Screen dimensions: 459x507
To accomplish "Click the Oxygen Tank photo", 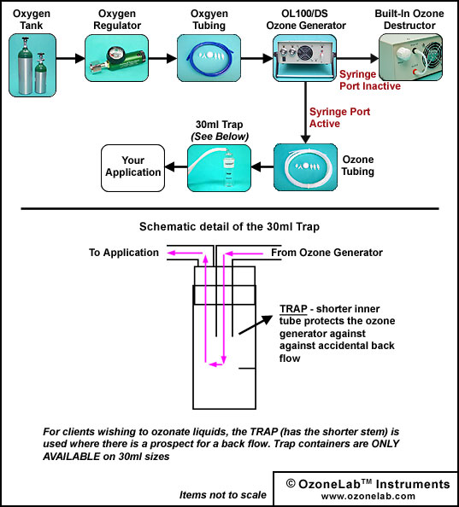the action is [32, 66].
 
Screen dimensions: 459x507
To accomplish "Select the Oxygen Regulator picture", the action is [116, 58].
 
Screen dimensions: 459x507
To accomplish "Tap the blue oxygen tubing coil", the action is [209, 58].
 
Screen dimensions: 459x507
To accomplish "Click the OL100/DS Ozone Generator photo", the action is [304, 58].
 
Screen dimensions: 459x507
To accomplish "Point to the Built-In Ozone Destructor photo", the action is [411, 57].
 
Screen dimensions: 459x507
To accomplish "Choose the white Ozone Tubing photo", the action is [305, 167].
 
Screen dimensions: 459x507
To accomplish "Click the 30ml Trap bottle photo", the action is [219, 168].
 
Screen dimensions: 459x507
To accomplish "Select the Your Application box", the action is [132, 168].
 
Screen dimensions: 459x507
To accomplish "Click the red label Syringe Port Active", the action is [339, 118].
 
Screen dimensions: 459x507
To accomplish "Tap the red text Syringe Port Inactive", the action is [370, 80].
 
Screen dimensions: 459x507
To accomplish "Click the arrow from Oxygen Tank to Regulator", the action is [71, 58].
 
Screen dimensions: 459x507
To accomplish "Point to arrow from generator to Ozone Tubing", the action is [305, 113].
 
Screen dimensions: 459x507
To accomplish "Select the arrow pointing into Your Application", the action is [176, 167].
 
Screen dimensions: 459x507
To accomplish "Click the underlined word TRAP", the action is [293, 309].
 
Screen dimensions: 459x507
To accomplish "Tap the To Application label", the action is [124, 253].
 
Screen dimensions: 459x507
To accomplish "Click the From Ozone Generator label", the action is [327, 253].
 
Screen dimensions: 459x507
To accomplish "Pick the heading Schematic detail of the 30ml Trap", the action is [229, 227].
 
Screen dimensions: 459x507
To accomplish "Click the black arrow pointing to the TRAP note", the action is [256, 324].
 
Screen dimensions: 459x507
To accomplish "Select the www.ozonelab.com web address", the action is [368, 496].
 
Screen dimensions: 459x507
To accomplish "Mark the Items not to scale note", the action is [223, 495].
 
